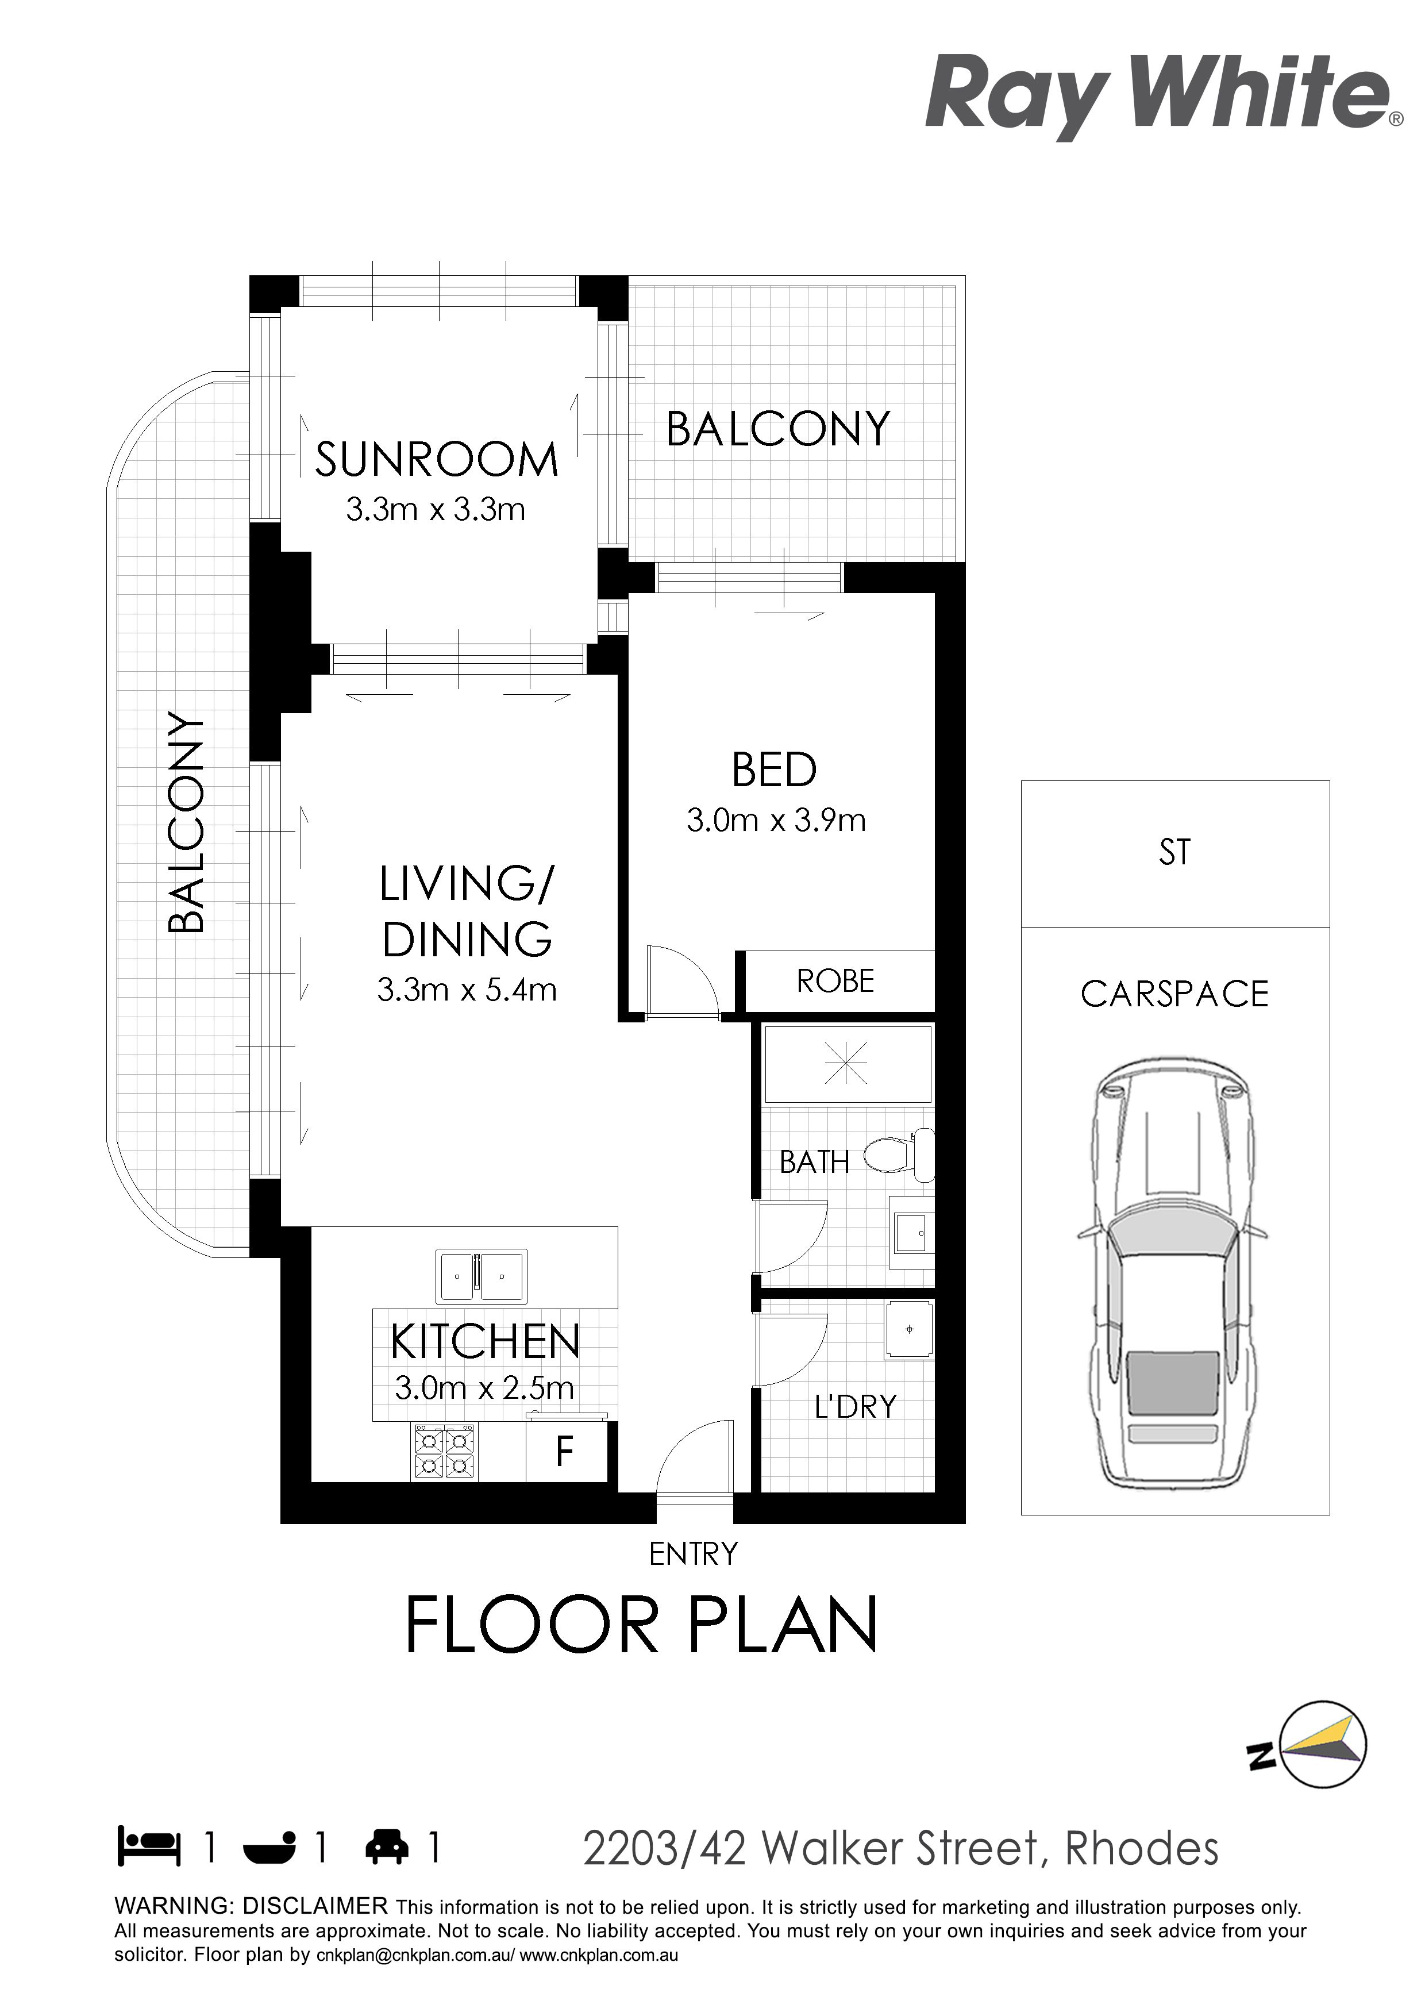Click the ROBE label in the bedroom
[x=835, y=981]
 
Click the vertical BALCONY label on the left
[x=186, y=824]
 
